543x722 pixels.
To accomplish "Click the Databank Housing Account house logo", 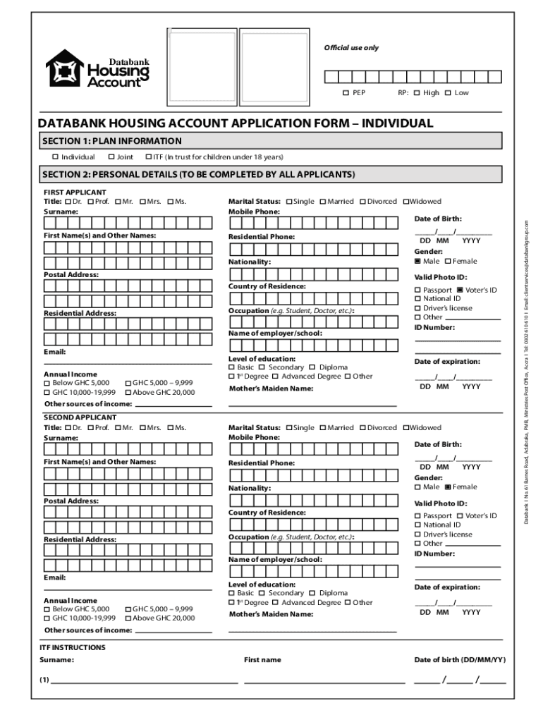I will (x=65, y=68).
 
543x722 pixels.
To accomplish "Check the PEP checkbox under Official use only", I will (x=346, y=93).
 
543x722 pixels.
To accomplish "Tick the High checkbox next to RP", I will (x=417, y=93).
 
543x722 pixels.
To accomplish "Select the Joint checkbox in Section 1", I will (x=111, y=157).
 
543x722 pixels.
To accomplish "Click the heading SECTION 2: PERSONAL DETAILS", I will (x=198, y=174).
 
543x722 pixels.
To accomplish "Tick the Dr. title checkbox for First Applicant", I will (x=68, y=202).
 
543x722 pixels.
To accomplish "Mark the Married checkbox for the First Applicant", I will (x=322, y=202).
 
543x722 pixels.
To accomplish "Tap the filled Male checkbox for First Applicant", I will (x=417, y=261).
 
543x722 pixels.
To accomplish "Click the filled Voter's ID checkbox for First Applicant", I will (x=460, y=290).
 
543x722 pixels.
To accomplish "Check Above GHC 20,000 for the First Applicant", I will (x=128, y=392).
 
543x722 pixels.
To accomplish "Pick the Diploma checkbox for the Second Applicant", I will (x=312, y=594).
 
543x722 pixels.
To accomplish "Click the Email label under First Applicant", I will (x=55, y=351).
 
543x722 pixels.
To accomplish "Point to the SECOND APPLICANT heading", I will (x=75, y=418).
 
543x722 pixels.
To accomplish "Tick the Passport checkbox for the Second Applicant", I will (x=417, y=516).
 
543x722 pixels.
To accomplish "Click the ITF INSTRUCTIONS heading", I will (x=73, y=647).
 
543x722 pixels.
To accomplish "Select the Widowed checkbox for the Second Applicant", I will (x=405, y=428).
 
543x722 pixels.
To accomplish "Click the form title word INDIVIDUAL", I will (x=397, y=123).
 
